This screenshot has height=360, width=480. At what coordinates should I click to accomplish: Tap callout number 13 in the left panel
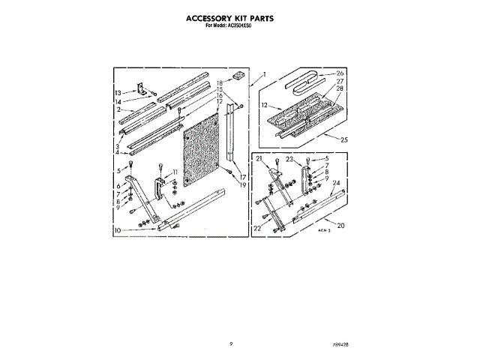coord(118,92)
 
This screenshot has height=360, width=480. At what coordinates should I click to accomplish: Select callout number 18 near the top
coord(220,82)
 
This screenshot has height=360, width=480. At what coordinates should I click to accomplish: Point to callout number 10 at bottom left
coord(118,229)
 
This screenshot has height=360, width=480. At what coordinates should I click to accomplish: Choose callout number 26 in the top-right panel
coord(339,73)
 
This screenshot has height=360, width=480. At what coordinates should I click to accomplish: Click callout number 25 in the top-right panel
coord(344,139)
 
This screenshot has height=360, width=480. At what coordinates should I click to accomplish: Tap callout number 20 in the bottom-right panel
coord(341,226)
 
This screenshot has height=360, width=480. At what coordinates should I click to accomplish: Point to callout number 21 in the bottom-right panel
coord(259,160)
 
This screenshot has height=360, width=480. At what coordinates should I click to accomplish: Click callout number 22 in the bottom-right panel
coord(259,228)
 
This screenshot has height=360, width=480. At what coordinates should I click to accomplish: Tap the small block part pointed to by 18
coord(238,75)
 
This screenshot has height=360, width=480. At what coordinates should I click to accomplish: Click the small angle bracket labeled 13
coord(141,89)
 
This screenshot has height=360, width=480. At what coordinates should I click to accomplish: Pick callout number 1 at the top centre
coord(264,74)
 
